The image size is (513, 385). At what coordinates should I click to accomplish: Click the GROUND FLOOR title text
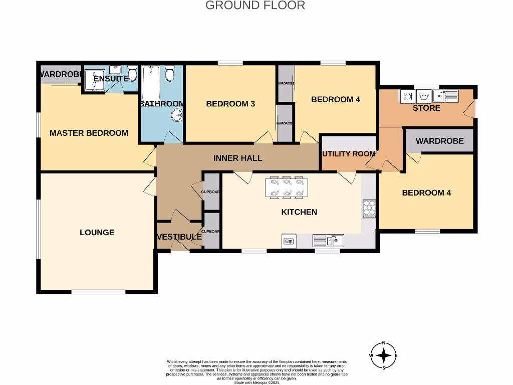click(x=255, y=6)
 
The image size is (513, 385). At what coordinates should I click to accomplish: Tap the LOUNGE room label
click(x=97, y=233)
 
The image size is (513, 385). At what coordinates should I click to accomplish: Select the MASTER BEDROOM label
click(x=89, y=133)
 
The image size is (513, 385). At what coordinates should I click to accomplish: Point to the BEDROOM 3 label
click(x=230, y=104)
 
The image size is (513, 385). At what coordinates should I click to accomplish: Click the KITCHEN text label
click(x=299, y=212)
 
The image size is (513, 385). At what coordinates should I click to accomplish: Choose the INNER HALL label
click(x=237, y=158)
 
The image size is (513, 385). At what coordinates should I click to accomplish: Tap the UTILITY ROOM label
click(x=349, y=154)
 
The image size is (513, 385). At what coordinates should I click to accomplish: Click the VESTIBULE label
click(x=179, y=237)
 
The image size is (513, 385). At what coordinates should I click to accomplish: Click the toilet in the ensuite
click(x=132, y=74)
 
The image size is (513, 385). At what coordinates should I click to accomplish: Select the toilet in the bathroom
click(x=170, y=74)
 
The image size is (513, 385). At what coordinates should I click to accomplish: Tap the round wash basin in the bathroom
click(x=177, y=115)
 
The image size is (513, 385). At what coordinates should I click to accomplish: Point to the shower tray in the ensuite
click(x=94, y=81)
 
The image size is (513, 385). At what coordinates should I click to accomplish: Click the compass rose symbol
click(x=384, y=355)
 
